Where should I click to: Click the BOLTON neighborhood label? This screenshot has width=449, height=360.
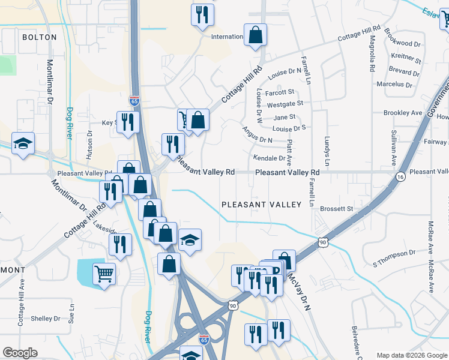39,37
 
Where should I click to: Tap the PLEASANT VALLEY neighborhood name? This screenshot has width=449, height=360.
261,205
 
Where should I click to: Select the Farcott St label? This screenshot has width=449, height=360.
280,92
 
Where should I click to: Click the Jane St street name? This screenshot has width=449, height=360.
285,117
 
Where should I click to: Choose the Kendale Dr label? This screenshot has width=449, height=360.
269,158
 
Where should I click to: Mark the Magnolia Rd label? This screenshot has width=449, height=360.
372,53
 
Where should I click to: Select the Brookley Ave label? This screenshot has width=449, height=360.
403,113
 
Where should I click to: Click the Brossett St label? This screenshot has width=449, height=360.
336,209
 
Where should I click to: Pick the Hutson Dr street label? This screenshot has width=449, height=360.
89,144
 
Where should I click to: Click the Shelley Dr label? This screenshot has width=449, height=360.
46,319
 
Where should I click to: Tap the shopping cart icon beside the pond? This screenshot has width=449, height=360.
104,274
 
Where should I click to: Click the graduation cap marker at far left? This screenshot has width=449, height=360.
23,143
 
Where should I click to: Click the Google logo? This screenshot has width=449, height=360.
20,353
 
